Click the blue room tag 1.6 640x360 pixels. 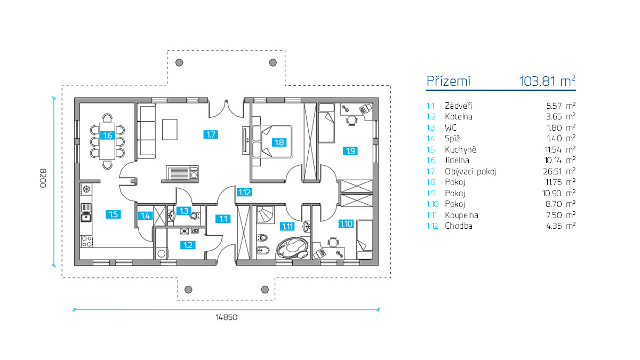point(107,135)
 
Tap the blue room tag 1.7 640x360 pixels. point(211,134)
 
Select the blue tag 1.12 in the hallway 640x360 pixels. point(245,193)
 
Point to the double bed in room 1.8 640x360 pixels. point(273,141)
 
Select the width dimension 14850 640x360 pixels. point(226,317)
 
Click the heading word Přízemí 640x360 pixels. point(448,81)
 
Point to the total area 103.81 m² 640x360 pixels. point(547,81)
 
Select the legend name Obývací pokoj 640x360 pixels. point(470,171)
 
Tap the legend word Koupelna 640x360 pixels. point(461,215)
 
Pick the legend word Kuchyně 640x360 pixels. point(460,149)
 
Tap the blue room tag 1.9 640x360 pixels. point(350,151)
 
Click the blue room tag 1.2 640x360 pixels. point(188,245)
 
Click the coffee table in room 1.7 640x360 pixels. point(170,129)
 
